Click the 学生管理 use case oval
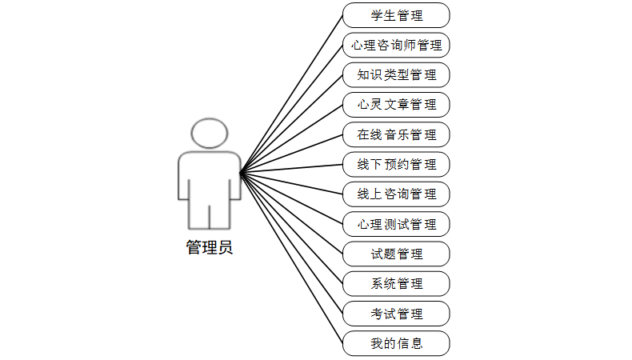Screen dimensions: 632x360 click(396, 15)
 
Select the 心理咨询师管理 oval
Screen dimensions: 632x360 click(396, 45)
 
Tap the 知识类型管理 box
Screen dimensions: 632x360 click(396, 75)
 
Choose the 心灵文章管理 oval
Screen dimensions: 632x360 click(396, 105)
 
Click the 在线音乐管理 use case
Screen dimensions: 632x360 click(396, 134)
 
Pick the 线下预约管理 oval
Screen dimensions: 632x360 click(396, 165)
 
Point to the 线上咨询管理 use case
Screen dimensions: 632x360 click(396, 194)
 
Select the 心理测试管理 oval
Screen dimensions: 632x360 click(396, 224)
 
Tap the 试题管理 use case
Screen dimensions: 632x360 click(396, 254)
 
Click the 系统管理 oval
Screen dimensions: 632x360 click(396, 284)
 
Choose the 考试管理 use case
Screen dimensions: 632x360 click(396, 314)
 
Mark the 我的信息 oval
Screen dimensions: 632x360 click(396, 344)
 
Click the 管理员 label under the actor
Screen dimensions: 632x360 click(210, 247)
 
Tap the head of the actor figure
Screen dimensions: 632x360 click(210, 134)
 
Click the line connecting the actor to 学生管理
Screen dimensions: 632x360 click(292, 93)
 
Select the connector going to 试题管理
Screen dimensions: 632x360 click(292, 213)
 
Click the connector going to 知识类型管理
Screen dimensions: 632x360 click(292, 123)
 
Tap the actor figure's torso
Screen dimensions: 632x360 click(210, 176)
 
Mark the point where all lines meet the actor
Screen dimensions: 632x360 click(240, 171)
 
